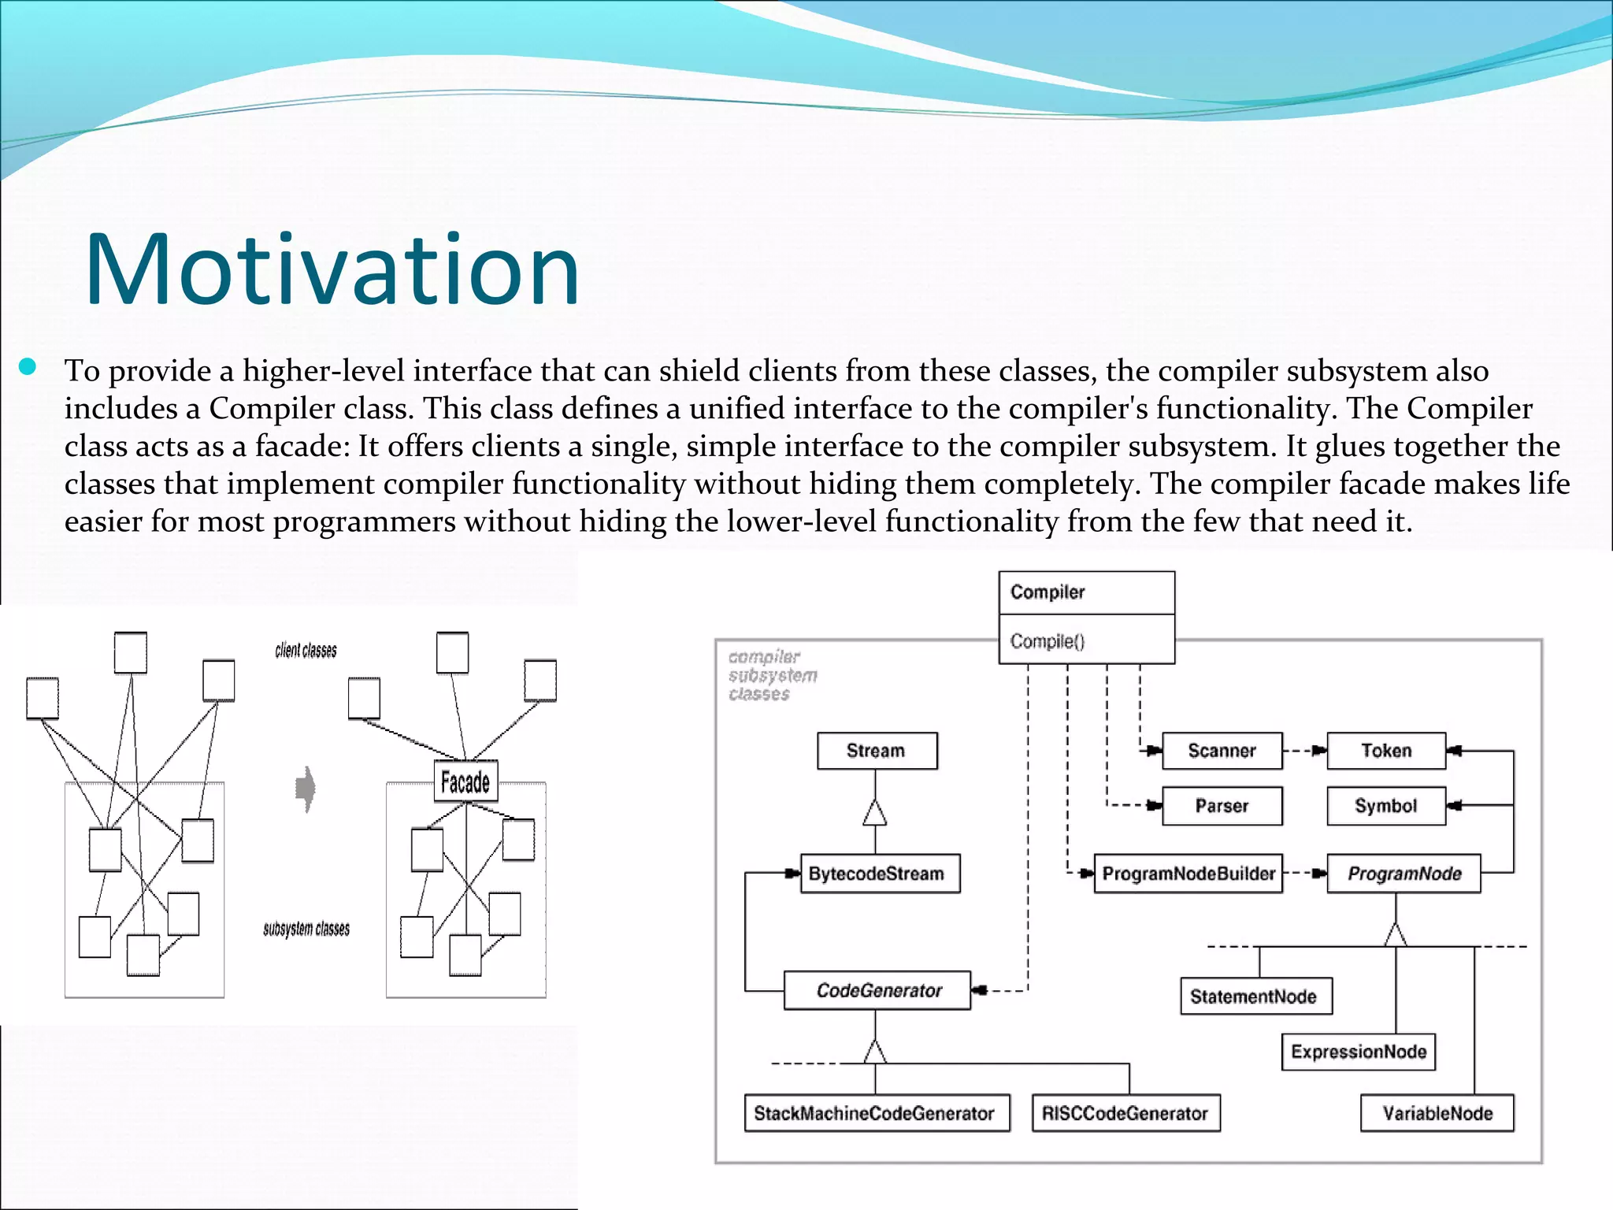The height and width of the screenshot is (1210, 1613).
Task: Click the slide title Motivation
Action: (x=332, y=269)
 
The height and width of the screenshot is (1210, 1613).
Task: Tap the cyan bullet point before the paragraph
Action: (x=28, y=367)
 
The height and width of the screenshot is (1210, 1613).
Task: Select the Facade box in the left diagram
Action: (x=465, y=781)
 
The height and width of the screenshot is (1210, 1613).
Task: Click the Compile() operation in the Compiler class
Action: (x=1047, y=641)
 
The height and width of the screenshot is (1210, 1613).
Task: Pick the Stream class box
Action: (x=877, y=751)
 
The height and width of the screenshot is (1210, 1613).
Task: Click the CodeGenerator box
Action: (x=877, y=990)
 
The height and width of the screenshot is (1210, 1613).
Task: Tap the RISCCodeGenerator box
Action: (x=1125, y=1113)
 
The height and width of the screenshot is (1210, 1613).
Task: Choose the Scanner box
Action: (x=1222, y=751)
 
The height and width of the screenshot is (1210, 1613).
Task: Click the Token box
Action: (x=1386, y=751)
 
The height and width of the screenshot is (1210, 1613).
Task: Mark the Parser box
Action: (x=1222, y=806)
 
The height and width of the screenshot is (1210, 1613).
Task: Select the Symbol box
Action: (x=1386, y=806)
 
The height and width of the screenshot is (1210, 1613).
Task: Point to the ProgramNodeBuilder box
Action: (x=1188, y=874)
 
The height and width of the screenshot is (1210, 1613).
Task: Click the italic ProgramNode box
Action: (x=1403, y=874)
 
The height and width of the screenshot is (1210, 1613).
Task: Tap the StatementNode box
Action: (x=1255, y=997)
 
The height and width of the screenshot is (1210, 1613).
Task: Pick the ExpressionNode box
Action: (x=1359, y=1052)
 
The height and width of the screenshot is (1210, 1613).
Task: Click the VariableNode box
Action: (x=1437, y=1113)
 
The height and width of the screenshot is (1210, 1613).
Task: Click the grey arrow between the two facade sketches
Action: (x=306, y=789)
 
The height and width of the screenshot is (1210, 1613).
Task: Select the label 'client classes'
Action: (x=306, y=651)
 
